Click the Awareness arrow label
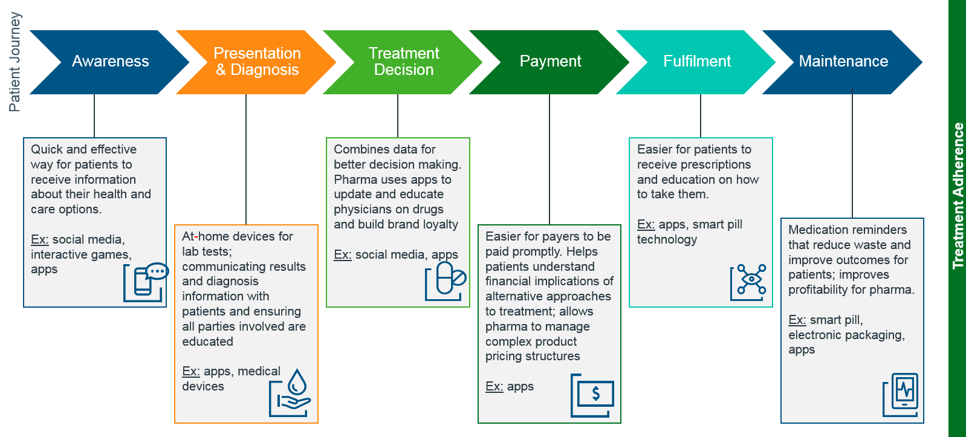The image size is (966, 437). (x=110, y=61)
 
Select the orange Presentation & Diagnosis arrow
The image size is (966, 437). (x=257, y=62)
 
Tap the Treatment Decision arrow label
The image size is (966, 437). (x=404, y=62)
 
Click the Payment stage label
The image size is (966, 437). (x=550, y=61)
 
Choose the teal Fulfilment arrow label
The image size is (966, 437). (x=696, y=61)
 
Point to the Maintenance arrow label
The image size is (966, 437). (x=843, y=61)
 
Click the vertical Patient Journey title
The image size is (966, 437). (x=15, y=62)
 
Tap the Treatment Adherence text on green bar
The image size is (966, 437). (x=958, y=195)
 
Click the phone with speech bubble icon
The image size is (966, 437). (x=146, y=282)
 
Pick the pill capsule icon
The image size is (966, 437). (x=447, y=280)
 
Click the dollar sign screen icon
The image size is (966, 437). (x=593, y=395)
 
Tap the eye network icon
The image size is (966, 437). (x=748, y=282)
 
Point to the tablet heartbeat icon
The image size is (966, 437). (x=901, y=395)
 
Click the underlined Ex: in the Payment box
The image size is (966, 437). (x=494, y=386)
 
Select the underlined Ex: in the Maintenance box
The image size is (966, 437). (x=797, y=320)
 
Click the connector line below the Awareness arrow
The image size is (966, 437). (x=94, y=115)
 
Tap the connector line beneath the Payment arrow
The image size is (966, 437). (x=549, y=159)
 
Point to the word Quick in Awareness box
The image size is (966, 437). (x=47, y=149)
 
